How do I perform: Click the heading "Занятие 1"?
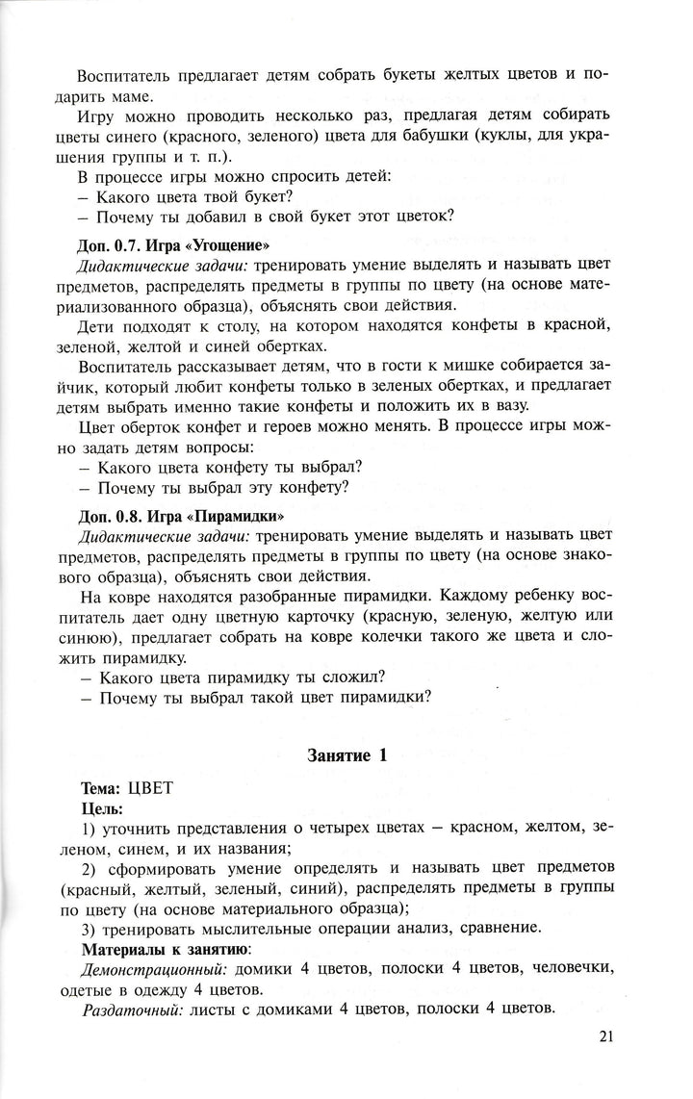tap(346, 755)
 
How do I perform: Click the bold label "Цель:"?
tap(101, 808)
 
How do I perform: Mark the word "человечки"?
tap(570, 972)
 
